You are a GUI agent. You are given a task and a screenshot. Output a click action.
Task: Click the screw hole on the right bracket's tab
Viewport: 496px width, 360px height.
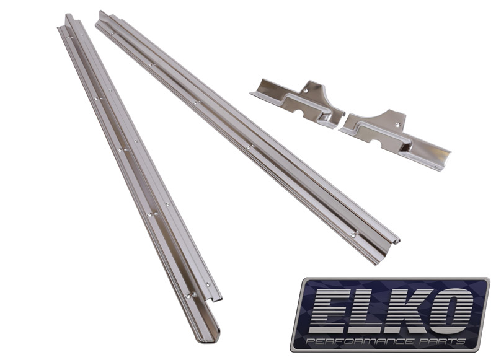pyautogui.click(x=397, y=124)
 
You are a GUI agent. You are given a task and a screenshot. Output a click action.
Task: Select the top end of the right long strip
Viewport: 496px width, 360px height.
pyautogui.click(x=102, y=15)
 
